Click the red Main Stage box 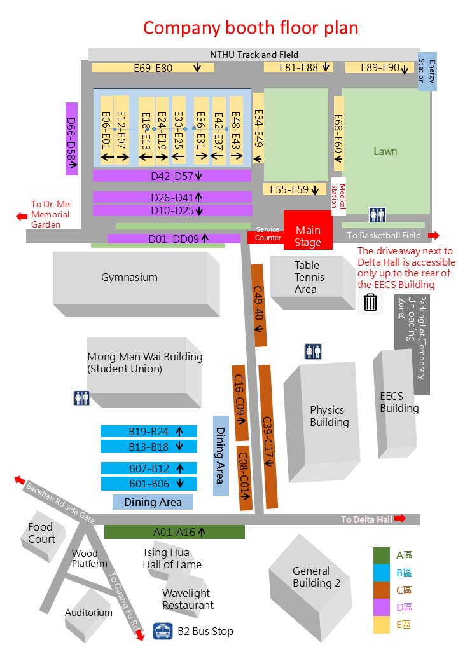308,230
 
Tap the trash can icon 370,303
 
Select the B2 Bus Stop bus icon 162,631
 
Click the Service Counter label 268,233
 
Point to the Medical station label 338,196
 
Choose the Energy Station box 427,71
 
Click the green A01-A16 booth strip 174,532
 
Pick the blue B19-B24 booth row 149,432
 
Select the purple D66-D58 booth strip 72,139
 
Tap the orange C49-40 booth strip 258,306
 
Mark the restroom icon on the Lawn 377,215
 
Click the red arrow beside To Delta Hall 400,519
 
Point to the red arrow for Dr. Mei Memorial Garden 22,216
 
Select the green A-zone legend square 382,555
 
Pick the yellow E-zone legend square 382,624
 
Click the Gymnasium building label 130,277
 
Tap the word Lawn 385,151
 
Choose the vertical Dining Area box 221,456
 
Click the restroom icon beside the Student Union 82,397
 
